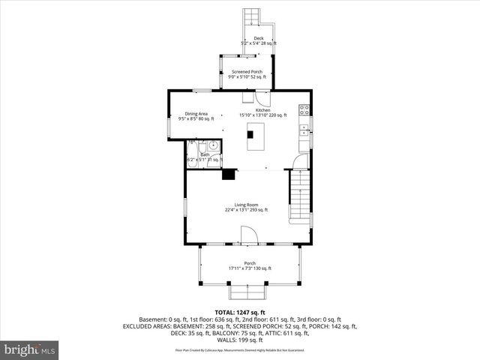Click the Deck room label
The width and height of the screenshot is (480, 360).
(x=259, y=38)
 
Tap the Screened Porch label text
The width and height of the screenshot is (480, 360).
(x=246, y=71)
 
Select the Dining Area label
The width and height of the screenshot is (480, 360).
(x=196, y=113)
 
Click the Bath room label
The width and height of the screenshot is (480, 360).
(x=205, y=154)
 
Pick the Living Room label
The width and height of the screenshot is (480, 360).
(x=246, y=205)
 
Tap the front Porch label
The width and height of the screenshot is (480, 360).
(x=249, y=263)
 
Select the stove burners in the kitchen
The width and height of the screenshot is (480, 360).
(x=304, y=110)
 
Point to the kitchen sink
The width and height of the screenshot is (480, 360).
(x=304, y=128)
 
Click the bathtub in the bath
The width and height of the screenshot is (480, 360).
(x=193, y=146)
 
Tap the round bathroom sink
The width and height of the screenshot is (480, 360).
(x=213, y=145)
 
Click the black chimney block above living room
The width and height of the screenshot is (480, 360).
(x=229, y=175)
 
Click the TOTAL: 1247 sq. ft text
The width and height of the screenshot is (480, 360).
(x=240, y=312)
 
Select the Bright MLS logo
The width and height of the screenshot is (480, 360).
(x=30, y=349)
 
